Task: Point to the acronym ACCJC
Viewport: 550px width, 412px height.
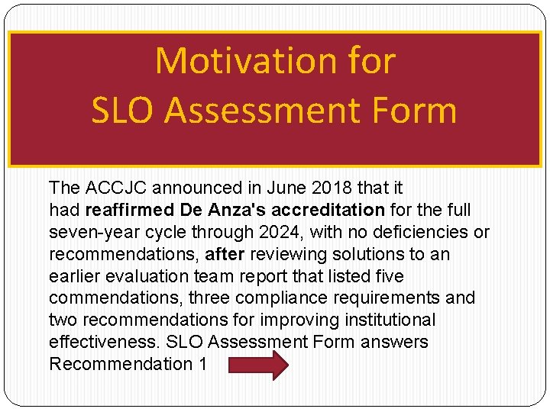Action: coord(112,188)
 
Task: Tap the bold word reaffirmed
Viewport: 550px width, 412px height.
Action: coord(129,210)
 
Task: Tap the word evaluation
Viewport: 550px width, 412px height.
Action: coord(139,276)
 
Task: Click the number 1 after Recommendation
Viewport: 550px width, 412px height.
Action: coord(202,365)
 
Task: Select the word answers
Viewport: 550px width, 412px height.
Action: coord(394,343)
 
